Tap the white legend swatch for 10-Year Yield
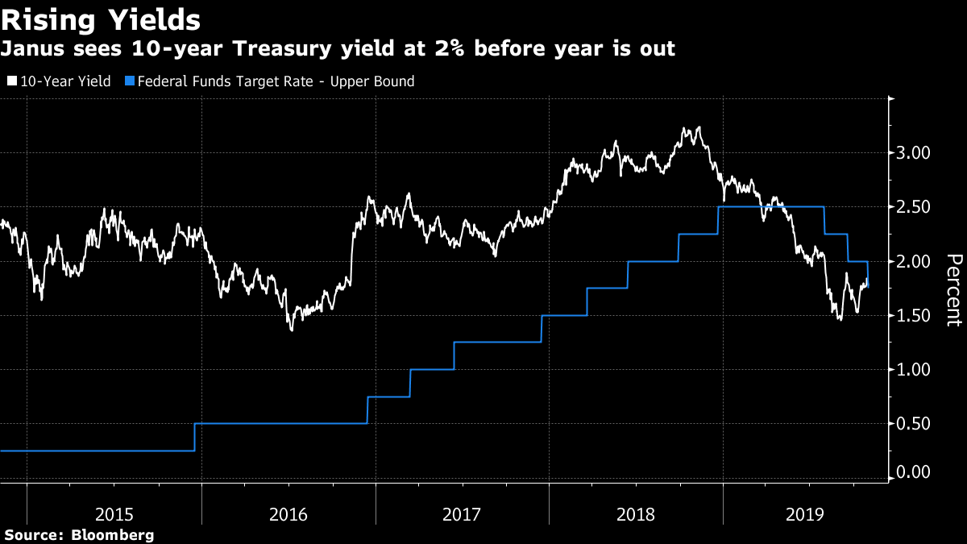point(11,81)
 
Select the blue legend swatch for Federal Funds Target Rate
point(130,81)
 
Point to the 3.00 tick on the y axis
point(915,152)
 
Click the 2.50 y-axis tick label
point(915,207)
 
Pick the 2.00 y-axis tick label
point(915,262)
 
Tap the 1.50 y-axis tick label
point(915,316)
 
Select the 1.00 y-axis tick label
point(915,370)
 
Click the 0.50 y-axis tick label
point(915,424)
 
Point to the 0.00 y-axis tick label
point(915,472)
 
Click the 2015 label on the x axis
point(114,514)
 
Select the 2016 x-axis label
point(288,514)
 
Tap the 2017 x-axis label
point(463,514)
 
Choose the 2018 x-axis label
point(637,514)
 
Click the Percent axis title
point(953,289)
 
